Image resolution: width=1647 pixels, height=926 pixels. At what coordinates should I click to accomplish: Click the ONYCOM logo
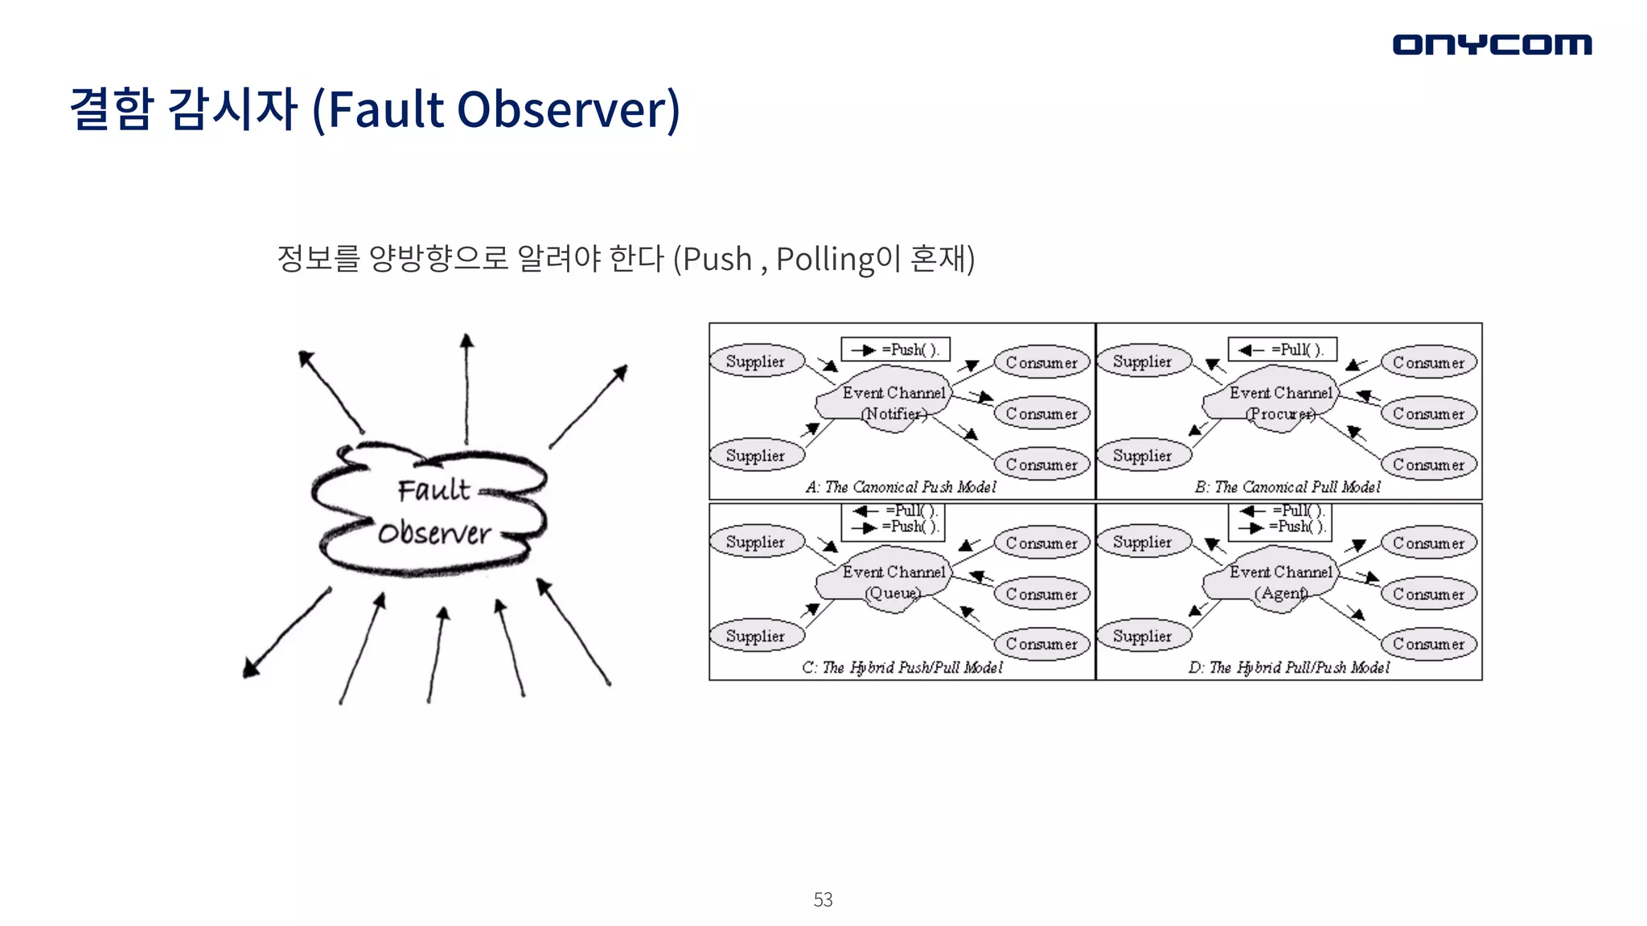1492,44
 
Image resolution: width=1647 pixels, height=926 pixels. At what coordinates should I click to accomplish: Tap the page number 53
823,899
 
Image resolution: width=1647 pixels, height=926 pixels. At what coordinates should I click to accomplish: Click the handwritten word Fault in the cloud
433,490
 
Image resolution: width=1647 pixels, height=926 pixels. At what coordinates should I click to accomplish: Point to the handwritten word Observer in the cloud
434,533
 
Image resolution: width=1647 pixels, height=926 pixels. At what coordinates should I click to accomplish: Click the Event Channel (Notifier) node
893,402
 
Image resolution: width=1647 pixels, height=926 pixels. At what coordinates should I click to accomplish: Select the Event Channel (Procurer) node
1280,402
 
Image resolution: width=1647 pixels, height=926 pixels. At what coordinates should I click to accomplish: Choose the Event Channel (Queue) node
893,582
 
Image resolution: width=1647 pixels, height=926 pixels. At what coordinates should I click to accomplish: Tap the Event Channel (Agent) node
1280,582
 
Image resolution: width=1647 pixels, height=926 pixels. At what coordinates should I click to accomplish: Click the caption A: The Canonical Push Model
901,487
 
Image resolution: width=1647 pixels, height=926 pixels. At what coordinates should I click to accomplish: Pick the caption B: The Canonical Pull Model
1288,487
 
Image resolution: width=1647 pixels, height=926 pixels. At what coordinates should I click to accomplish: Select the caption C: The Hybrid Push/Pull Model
902,667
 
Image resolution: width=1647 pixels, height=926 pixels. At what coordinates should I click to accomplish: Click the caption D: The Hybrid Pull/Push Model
1289,667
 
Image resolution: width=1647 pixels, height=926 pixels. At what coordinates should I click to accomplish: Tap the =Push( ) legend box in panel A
896,350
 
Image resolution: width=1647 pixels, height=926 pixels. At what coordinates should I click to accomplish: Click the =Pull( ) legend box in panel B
1283,350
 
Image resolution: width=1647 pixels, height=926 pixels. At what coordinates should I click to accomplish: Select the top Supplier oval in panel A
756,361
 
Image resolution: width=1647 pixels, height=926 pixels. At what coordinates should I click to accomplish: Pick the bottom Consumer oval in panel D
1429,644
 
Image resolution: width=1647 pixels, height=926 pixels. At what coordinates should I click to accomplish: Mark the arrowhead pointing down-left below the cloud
252,668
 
